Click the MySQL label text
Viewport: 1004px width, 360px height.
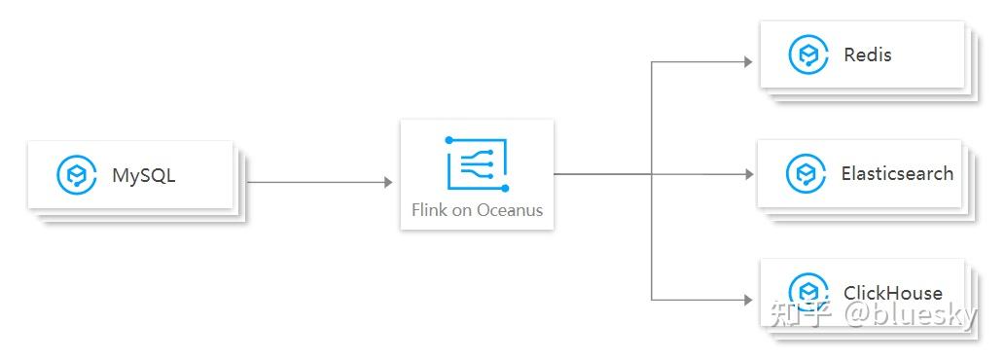click(x=143, y=176)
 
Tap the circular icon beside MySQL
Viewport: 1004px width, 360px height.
click(x=76, y=175)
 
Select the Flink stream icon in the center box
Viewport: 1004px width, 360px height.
click(x=478, y=163)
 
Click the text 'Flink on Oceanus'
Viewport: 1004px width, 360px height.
click(x=477, y=209)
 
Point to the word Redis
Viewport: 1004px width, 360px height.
click(x=868, y=54)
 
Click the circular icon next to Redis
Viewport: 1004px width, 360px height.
click(x=807, y=54)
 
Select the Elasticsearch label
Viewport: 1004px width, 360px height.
click(x=897, y=173)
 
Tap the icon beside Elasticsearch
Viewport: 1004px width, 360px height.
click(x=806, y=174)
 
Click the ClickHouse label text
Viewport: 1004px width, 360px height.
click(x=893, y=292)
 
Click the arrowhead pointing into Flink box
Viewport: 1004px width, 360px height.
click(x=387, y=182)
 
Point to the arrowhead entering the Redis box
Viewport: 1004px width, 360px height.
click(x=748, y=62)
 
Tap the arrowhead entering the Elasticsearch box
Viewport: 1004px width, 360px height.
click(x=748, y=174)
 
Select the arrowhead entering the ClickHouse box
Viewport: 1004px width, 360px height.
click(x=748, y=299)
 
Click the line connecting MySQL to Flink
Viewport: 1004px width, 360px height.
click(x=311, y=182)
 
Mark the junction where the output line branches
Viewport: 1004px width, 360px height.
click(x=652, y=174)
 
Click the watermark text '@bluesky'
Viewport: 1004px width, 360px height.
click(x=911, y=314)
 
